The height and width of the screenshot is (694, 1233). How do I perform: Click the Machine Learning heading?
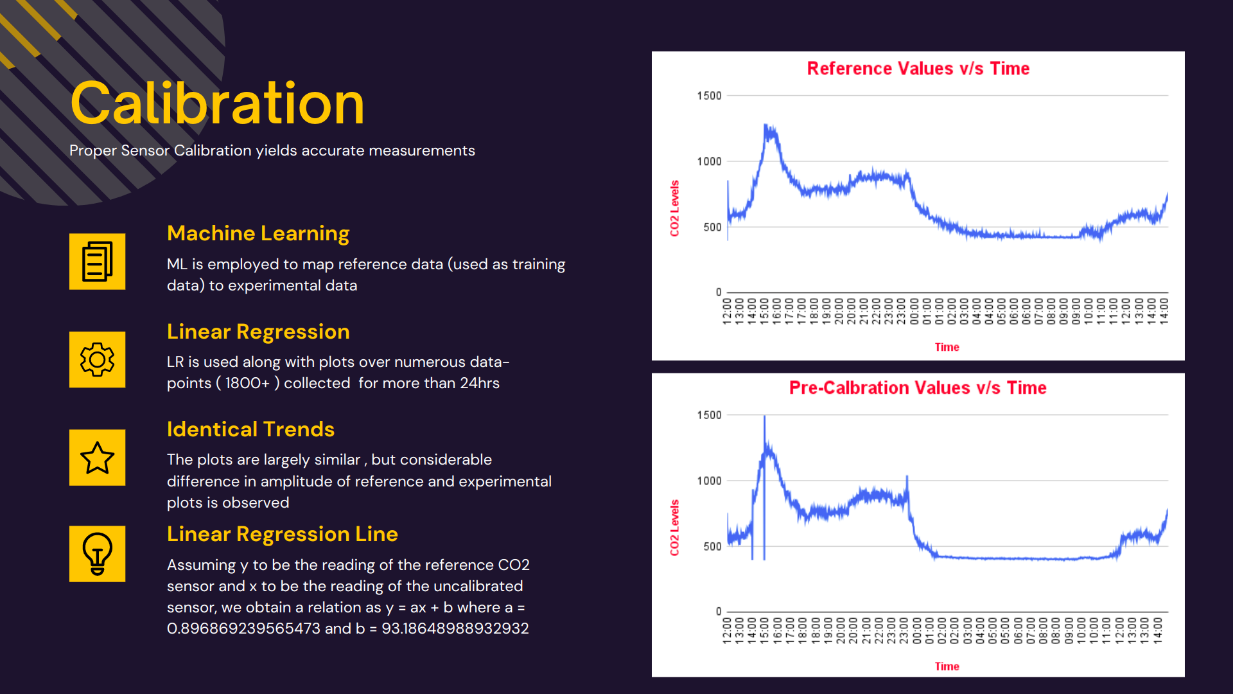(x=258, y=233)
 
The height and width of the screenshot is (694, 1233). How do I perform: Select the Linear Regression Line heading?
(x=282, y=534)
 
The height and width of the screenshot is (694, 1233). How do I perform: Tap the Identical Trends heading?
(x=250, y=429)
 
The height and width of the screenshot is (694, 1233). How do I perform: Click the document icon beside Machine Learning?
(x=97, y=262)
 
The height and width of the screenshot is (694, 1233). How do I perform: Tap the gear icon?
(x=97, y=360)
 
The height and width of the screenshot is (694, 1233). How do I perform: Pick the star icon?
(x=97, y=458)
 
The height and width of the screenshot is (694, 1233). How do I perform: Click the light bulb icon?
(x=97, y=554)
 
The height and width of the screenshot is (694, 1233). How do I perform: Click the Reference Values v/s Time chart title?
(x=918, y=69)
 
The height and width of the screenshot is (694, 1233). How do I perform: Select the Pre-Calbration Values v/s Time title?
(x=918, y=388)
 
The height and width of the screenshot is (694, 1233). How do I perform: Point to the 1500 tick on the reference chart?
(x=709, y=96)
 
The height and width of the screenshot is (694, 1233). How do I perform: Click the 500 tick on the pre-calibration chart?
(x=712, y=546)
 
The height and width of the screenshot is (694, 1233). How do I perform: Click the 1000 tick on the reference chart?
(x=709, y=161)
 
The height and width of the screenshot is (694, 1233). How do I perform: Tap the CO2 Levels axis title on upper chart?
(x=674, y=208)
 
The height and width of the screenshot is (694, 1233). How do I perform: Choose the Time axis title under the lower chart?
(x=947, y=666)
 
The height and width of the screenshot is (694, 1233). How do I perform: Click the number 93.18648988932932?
(x=455, y=628)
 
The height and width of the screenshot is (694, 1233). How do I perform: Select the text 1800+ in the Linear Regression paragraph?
(x=247, y=383)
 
